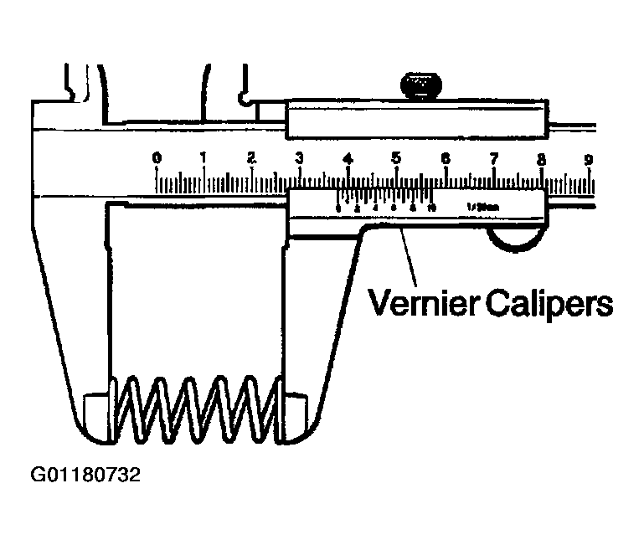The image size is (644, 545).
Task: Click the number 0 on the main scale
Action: pos(157,157)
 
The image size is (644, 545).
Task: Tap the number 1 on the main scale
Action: pos(204,157)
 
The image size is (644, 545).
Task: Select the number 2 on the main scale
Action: pos(251,157)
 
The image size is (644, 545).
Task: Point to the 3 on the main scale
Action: pos(299,157)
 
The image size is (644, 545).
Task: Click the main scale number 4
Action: pos(348,157)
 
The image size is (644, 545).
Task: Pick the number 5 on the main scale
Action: pos(396,157)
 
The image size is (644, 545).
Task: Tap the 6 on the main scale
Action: pos(445,157)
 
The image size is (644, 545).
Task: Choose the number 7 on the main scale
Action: pos(494,157)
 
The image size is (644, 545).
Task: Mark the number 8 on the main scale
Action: pos(542,157)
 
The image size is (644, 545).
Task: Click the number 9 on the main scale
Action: pos(590,157)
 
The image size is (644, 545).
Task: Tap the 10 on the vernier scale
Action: pos(431,208)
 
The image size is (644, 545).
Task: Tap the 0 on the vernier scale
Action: pos(338,208)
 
